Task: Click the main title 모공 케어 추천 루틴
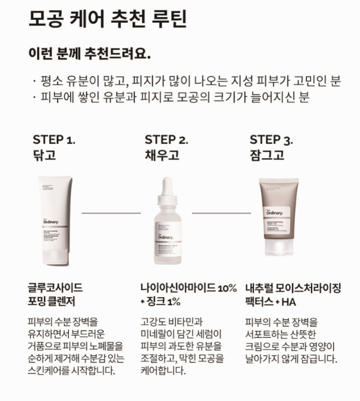[x=107, y=19]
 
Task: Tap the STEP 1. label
[x=54, y=140]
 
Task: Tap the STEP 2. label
[x=166, y=140]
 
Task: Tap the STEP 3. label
[x=271, y=140]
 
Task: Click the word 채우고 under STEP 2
[x=162, y=155]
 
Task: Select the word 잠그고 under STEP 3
[x=267, y=155]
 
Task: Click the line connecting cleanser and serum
[x=111, y=213]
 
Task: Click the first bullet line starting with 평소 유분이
[x=186, y=80]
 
